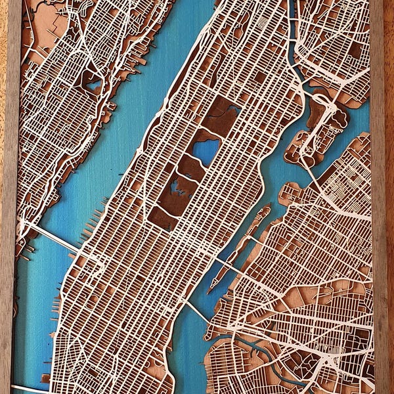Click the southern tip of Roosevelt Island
tap(211, 288)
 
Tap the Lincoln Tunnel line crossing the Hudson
tap(53, 238)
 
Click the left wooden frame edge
tap(8, 197)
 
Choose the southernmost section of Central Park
tap(161, 217)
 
